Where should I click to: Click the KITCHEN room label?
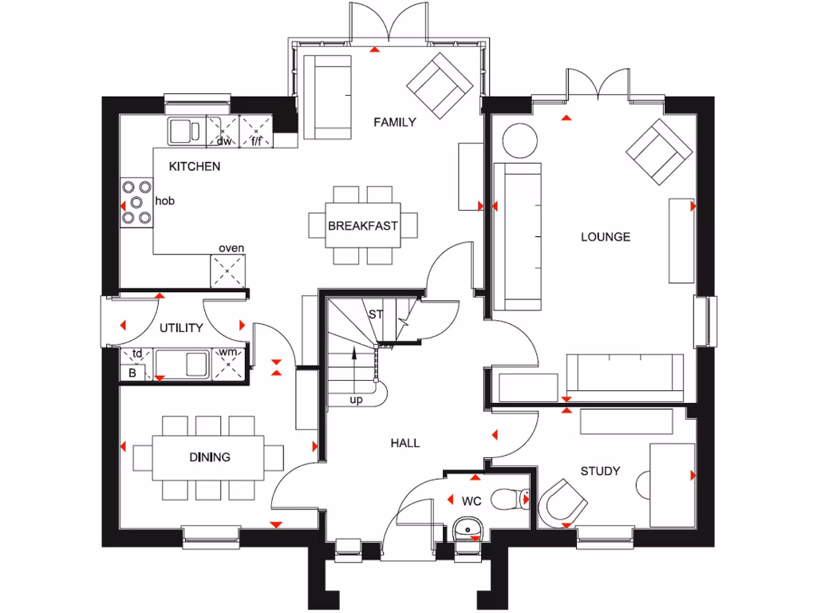pos(195,167)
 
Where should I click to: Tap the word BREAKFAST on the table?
pos(362,226)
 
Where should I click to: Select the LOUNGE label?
pos(605,237)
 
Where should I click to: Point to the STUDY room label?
pos(600,471)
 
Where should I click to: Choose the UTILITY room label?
pos(180,328)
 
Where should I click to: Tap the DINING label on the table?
pos(210,457)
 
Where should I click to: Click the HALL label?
pos(405,443)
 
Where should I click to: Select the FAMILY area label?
pos(396,122)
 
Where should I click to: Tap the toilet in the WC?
pos(511,500)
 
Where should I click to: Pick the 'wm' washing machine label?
pos(228,352)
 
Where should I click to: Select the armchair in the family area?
pos(438,82)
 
